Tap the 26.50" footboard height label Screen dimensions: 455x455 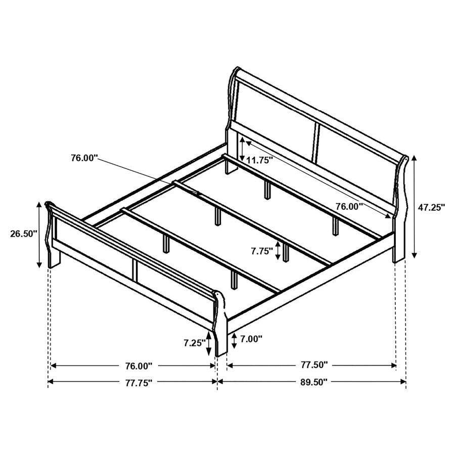tap(24, 234)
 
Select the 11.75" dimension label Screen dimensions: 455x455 tap(259, 160)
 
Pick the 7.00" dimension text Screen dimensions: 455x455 tap(252, 339)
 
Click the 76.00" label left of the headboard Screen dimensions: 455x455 tap(84, 158)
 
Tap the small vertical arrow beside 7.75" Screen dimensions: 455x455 tap(278, 251)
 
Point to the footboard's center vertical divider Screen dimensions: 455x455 tap(135, 270)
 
